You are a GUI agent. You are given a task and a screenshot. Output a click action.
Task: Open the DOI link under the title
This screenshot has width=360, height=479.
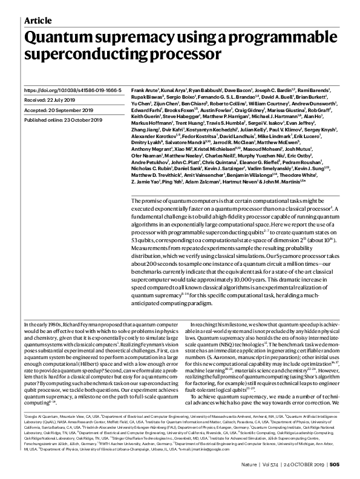pos(73,90)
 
